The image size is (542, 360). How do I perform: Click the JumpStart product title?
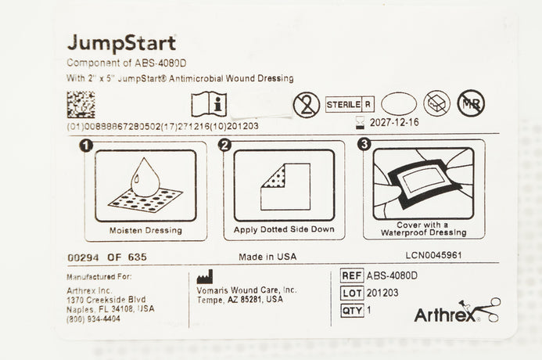[122, 44]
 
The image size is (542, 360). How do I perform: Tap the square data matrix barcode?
[81, 104]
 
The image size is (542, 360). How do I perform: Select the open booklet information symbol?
[209, 104]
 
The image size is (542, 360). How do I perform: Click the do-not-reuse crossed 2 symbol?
[307, 104]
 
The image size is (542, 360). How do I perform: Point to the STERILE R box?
[350, 104]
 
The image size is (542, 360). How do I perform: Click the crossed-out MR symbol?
[471, 103]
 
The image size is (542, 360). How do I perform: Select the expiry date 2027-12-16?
[394, 122]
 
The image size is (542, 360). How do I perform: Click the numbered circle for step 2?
[224, 145]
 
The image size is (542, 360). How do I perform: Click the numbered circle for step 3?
[364, 144]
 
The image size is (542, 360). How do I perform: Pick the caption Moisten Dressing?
[145, 230]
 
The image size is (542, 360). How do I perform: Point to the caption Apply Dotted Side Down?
[284, 229]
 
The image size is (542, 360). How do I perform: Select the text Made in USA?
[267, 257]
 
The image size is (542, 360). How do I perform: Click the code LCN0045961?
[433, 255]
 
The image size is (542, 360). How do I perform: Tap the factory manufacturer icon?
[205, 277]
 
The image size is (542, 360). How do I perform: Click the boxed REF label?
[352, 275]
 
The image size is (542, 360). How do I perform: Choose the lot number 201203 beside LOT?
[382, 293]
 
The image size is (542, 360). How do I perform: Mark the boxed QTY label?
[352, 310]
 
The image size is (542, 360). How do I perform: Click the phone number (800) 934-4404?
[93, 319]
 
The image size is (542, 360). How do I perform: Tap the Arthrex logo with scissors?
[457, 311]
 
